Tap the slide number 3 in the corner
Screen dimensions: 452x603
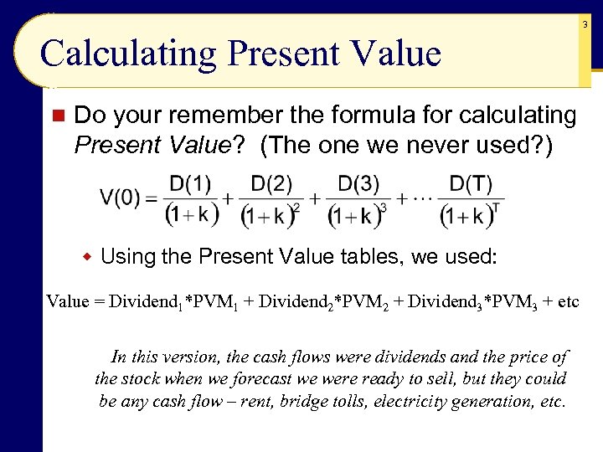click(x=585, y=25)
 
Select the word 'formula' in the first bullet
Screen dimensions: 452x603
click(x=342, y=115)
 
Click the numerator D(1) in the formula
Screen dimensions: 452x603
click(x=190, y=182)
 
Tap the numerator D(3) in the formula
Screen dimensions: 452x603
click(x=358, y=182)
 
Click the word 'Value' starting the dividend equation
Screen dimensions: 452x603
click(x=67, y=300)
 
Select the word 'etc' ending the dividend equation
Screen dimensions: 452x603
click(x=567, y=300)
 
